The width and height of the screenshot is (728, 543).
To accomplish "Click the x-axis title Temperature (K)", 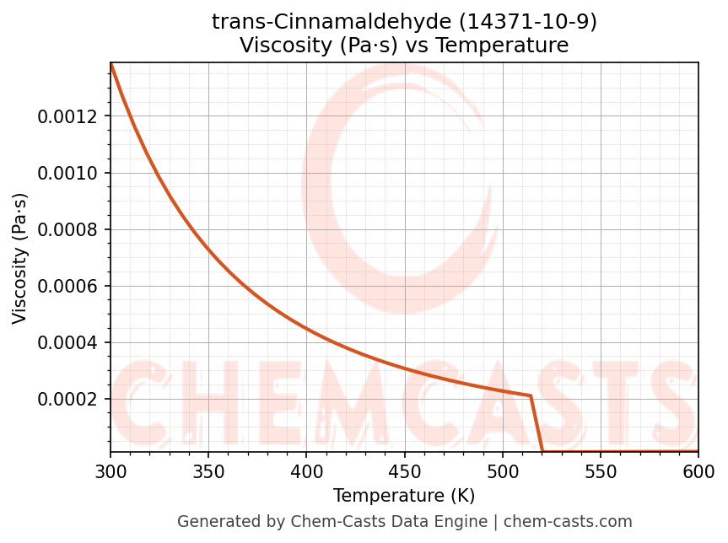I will (404, 496).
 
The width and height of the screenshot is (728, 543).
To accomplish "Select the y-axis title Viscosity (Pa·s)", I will (20, 258).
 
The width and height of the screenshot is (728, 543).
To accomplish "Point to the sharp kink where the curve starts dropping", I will (531, 395).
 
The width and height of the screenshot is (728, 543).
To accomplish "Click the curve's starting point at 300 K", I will (111, 64).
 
